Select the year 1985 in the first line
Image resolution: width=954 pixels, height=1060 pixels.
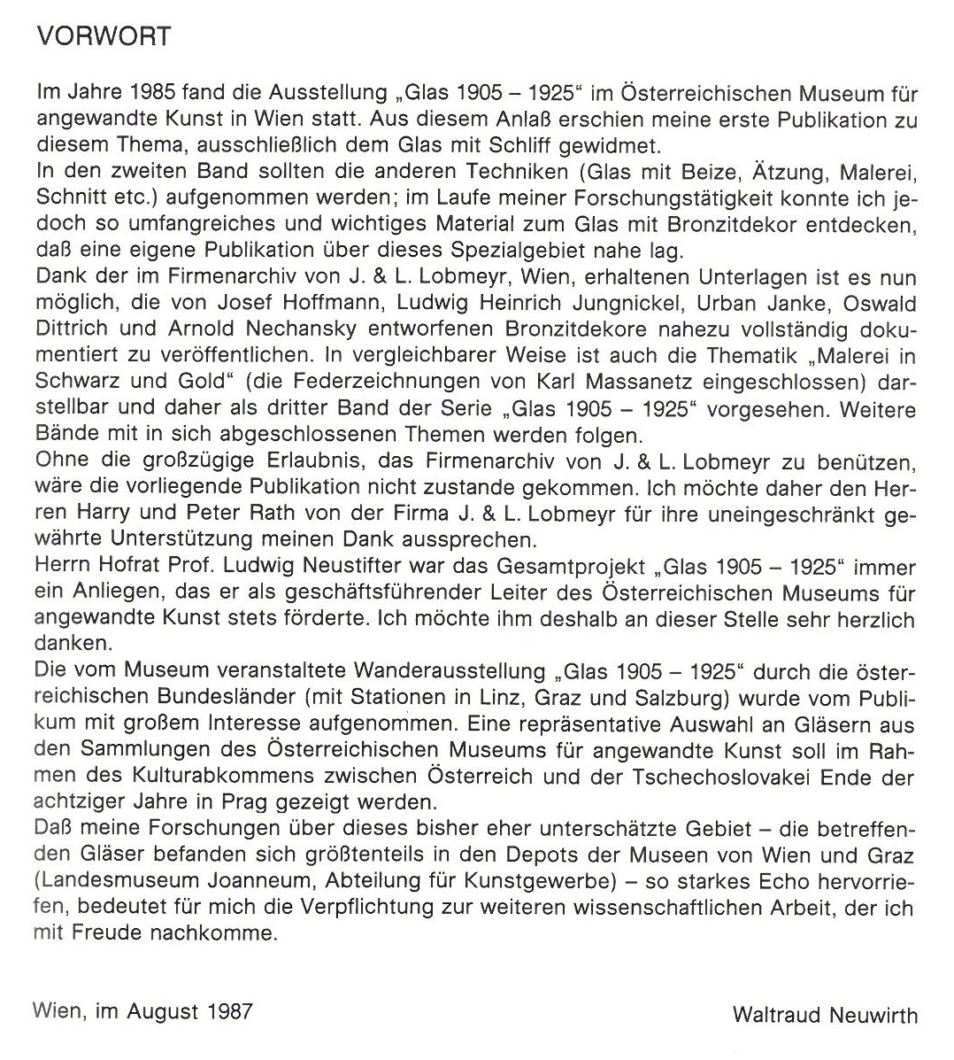point(158,93)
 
